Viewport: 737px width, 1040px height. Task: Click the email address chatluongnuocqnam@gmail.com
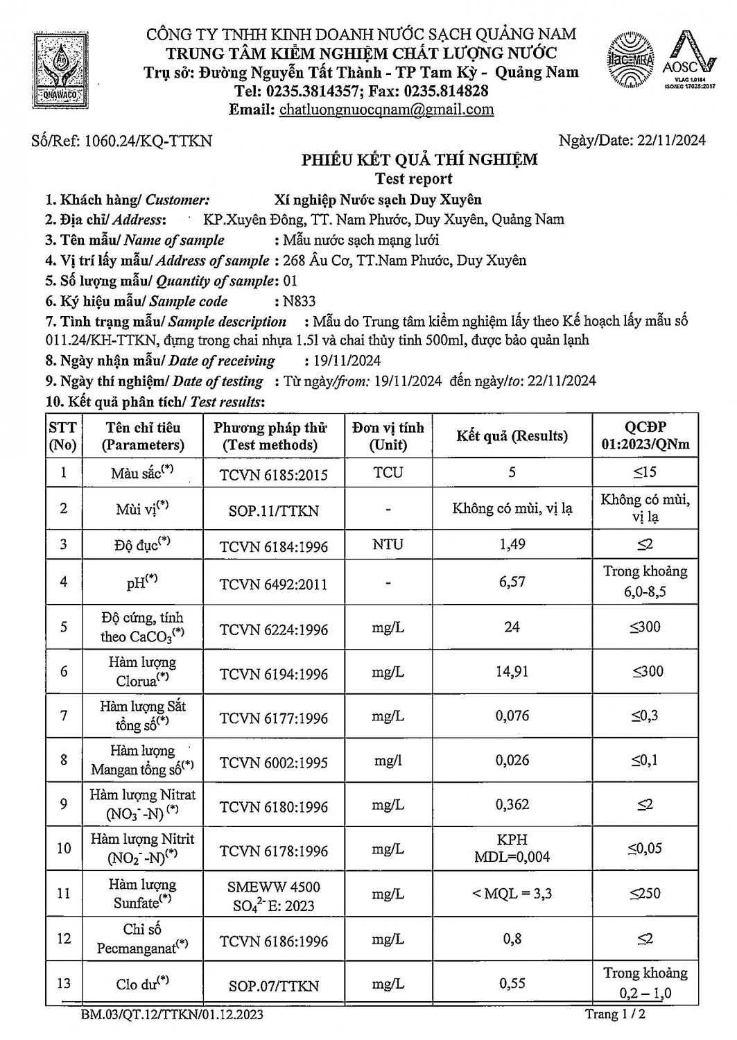pos(386,110)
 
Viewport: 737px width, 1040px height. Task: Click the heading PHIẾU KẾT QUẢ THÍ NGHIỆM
pos(419,160)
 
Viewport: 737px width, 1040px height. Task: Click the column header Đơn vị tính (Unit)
pos(388,436)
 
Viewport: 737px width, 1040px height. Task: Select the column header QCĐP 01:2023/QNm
pos(645,436)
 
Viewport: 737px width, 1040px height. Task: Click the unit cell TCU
pos(388,472)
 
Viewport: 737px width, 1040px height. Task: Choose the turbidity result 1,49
pos(512,544)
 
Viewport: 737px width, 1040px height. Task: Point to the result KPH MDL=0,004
pos(512,848)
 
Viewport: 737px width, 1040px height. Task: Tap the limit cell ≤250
pos(645,894)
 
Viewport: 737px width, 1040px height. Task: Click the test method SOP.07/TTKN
pos(274,985)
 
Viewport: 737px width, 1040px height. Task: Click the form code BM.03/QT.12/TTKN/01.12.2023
pos(172,1016)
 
